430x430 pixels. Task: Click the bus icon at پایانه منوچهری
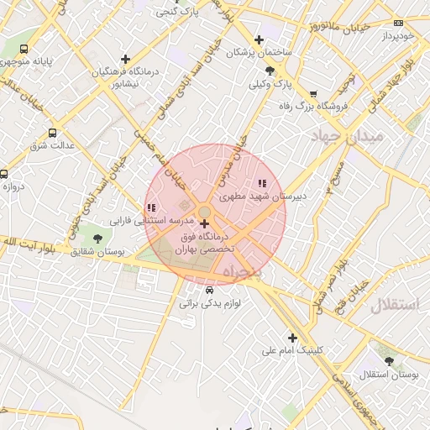[23, 49]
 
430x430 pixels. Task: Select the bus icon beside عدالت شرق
[53, 133]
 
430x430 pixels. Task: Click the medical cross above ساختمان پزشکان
[259, 39]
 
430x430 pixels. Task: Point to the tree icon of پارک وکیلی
[269, 71]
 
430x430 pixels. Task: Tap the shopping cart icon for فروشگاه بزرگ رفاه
[313, 94]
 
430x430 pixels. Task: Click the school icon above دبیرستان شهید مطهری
[262, 182]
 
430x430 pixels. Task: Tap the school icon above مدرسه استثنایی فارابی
[150, 207]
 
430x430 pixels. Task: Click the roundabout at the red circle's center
[205, 212]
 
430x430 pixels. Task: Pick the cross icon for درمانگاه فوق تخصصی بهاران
[205, 224]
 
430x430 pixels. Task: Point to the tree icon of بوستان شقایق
[98, 239]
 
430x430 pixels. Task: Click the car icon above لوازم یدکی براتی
[197, 291]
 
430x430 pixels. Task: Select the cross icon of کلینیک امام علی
[292, 337]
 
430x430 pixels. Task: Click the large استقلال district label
[393, 304]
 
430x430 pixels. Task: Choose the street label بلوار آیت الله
[20, 242]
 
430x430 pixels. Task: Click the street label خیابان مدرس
[232, 160]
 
